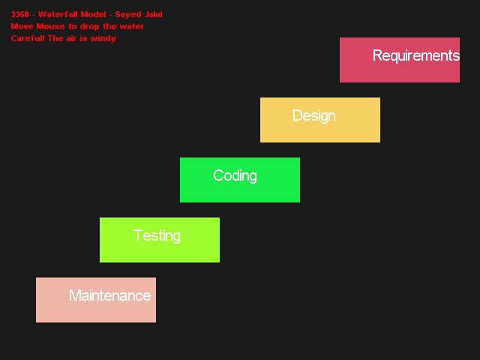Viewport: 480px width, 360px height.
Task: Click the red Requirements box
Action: pos(400,60)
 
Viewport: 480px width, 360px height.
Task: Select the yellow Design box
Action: pos(320,120)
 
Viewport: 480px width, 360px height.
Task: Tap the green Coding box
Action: pos(240,180)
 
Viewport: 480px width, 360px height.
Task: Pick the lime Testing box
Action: pos(160,240)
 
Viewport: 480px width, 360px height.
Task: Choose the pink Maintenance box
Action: pos(96,300)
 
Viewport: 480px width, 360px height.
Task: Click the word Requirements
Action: pos(416,55)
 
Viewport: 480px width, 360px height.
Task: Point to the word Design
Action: pos(314,116)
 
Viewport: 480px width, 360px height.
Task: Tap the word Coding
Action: pos(235,176)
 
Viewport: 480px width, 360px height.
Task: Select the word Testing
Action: pos(157,236)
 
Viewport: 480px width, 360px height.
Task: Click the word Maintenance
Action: pos(110,295)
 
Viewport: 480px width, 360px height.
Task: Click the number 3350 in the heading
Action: pos(20,14)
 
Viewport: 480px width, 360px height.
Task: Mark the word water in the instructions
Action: pos(132,27)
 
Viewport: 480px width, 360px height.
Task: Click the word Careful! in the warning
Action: pos(28,38)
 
